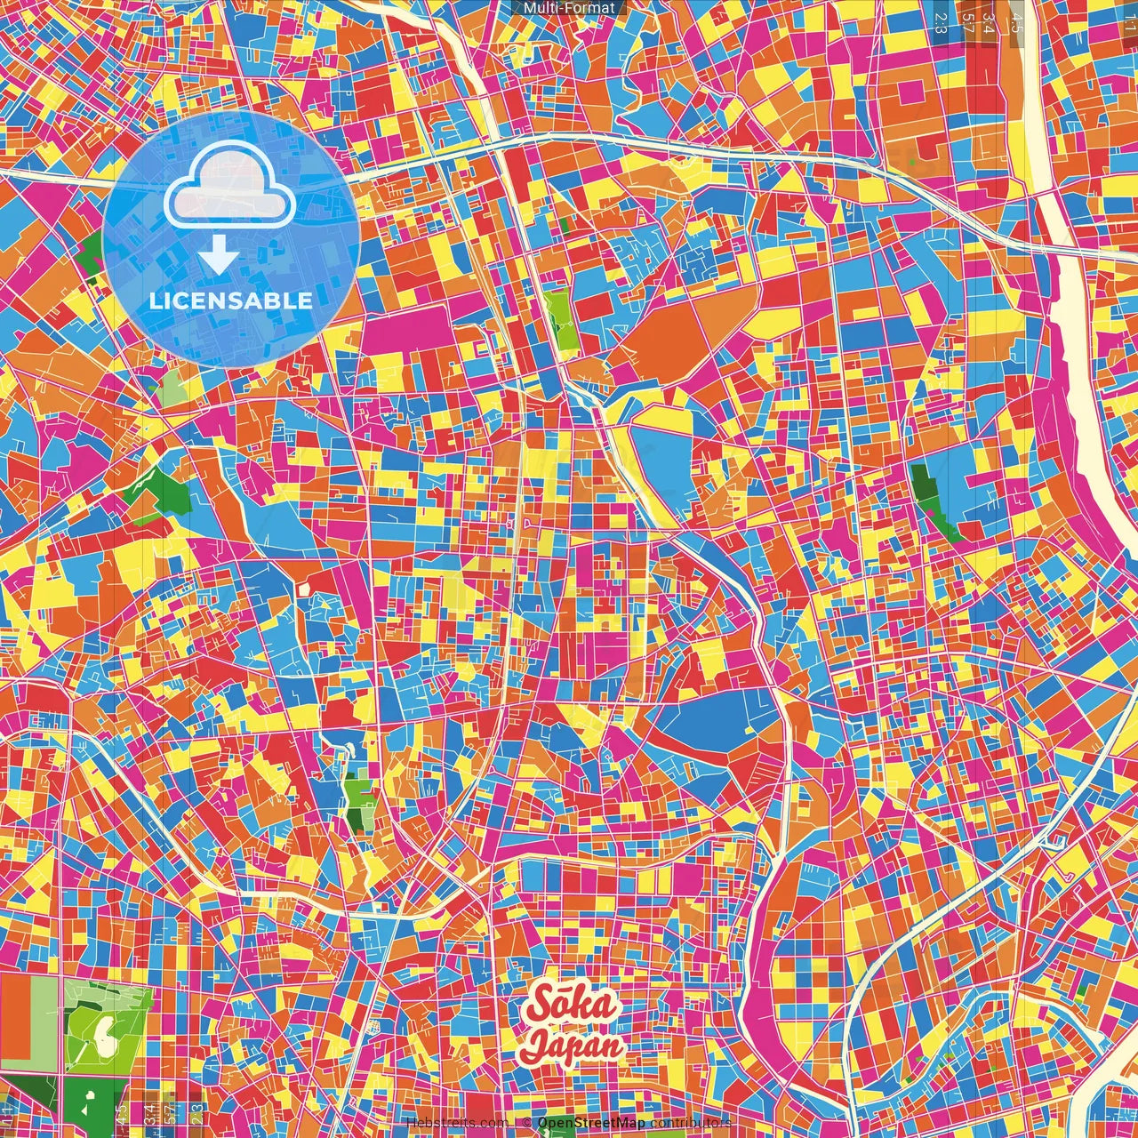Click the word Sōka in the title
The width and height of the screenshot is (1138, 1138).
[x=572, y=1006]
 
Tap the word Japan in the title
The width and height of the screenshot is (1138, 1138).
[x=573, y=1045]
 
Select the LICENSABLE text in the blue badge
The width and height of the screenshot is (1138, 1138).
[x=231, y=301]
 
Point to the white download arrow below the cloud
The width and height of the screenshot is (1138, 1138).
[x=218, y=255]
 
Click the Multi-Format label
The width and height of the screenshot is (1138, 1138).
[x=569, y=8]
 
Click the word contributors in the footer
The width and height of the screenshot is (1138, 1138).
[x=691, y=1123]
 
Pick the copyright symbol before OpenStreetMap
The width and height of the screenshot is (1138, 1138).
[x=527, y=1123]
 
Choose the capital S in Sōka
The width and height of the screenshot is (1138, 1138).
[x=539, y=1006]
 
